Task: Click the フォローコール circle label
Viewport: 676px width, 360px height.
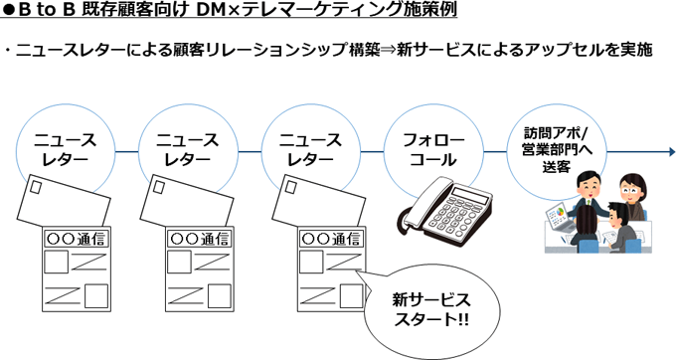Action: [x=433, y=149]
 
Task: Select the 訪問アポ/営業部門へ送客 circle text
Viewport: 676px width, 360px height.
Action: [x=557, y=149]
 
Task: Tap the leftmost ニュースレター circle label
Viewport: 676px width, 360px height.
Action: [x=65, y=149]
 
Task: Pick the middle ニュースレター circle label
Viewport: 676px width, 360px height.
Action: [x=188, y=149]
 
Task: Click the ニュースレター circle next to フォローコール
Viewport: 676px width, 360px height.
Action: [x=310, y=149]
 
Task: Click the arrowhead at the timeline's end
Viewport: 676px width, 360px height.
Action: [x=672, y=152]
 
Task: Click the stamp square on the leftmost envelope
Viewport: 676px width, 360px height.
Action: [x=35, y=188]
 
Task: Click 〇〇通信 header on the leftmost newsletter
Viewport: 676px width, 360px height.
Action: [x=78, y=239]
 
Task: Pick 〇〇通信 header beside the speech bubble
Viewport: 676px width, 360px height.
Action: [x=331, y=239]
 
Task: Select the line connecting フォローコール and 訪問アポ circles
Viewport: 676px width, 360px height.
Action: [x=495, y=152]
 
